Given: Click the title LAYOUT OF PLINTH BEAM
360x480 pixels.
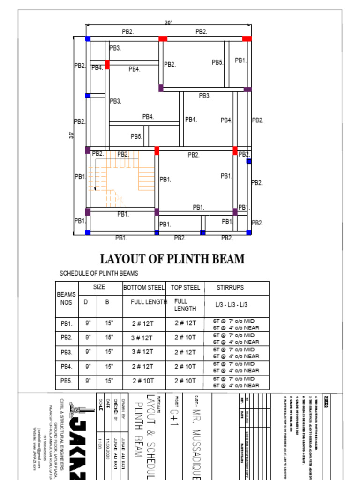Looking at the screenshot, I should tap(172, 259).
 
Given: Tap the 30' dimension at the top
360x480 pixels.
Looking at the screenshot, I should tap(168, 22).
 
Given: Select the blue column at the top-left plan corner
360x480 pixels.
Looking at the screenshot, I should tap(88, 39).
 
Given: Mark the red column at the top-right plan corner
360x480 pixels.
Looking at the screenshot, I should tap(247, 39).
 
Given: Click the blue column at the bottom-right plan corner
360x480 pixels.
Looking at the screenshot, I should tap(249, 232).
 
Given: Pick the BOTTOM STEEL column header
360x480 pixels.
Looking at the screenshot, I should tap(144, 288).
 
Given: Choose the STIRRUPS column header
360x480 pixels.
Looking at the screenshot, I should tap(230, 288).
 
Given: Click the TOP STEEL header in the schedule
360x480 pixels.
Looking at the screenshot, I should tap(185, 288).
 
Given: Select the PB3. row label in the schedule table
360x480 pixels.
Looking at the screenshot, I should tap(67, 352).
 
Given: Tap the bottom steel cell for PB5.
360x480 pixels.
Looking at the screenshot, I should tap(142, 381).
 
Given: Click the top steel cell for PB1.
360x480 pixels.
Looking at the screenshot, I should tap(185, 323).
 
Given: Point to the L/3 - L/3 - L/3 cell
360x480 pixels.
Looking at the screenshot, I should tap(232, 305).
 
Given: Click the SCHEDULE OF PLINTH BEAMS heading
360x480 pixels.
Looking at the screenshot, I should tap(99, 273).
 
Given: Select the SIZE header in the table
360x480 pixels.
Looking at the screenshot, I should tap(99, 287).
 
